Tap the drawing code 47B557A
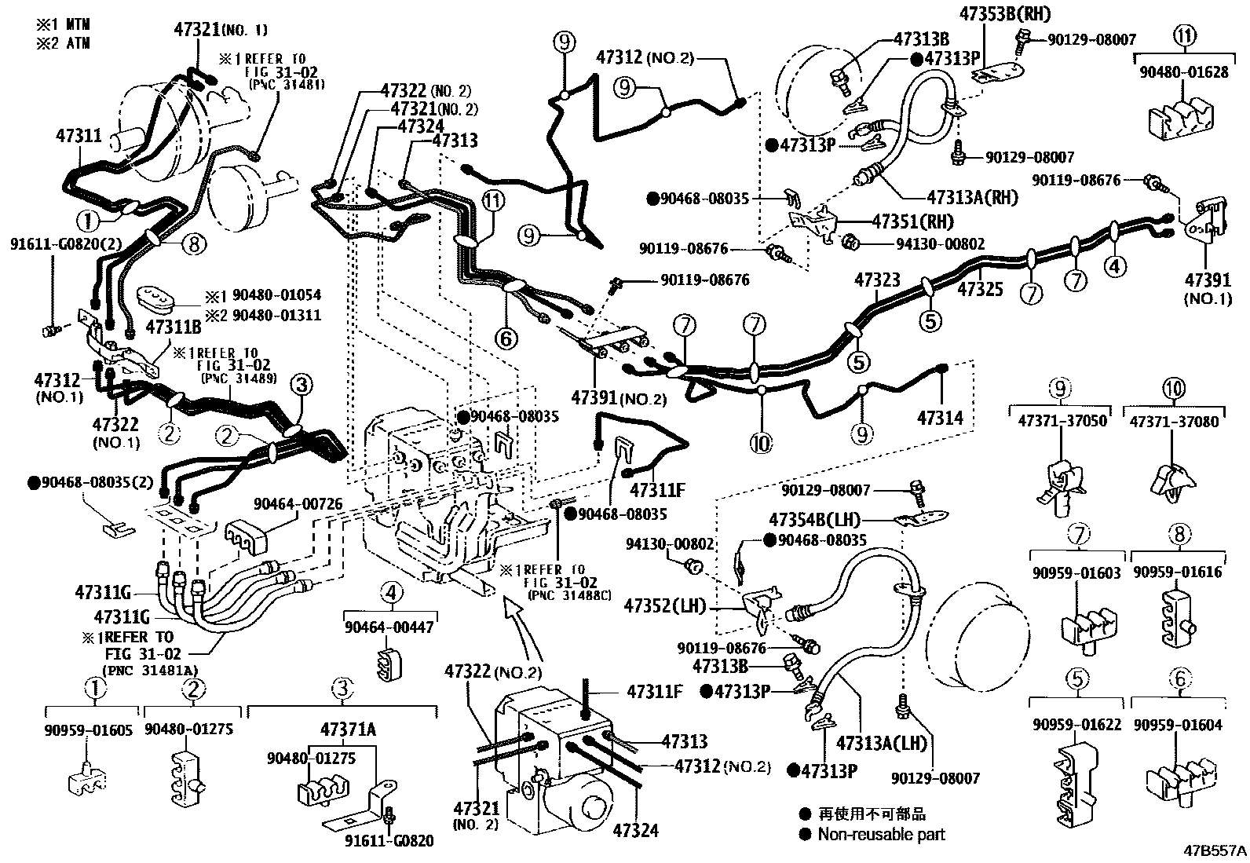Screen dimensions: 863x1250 [1215, 850]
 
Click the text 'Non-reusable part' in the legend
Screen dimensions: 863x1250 [880, 835]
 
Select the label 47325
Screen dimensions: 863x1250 [980, 289]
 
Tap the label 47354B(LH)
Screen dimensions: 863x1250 [815, 520]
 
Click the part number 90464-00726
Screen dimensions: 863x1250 [298, 503]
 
